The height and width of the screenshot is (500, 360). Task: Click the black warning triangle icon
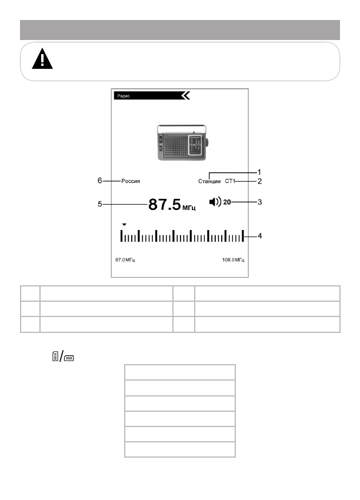coord(42,59)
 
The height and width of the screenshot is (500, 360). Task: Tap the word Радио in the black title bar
coord(124,96)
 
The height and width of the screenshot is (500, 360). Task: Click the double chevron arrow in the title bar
coord(185,96)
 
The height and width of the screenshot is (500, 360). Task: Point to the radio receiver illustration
coord(182,142)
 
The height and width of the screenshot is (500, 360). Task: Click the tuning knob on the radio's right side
coord(207,142)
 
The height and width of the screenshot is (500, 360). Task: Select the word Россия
coord(131,181)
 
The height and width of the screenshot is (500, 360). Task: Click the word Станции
coord(209,181)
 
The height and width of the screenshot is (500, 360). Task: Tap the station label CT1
coord(230,181)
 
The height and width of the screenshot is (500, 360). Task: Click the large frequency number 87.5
coord(165,204)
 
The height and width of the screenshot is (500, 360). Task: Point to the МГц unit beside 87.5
coord(189,208)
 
